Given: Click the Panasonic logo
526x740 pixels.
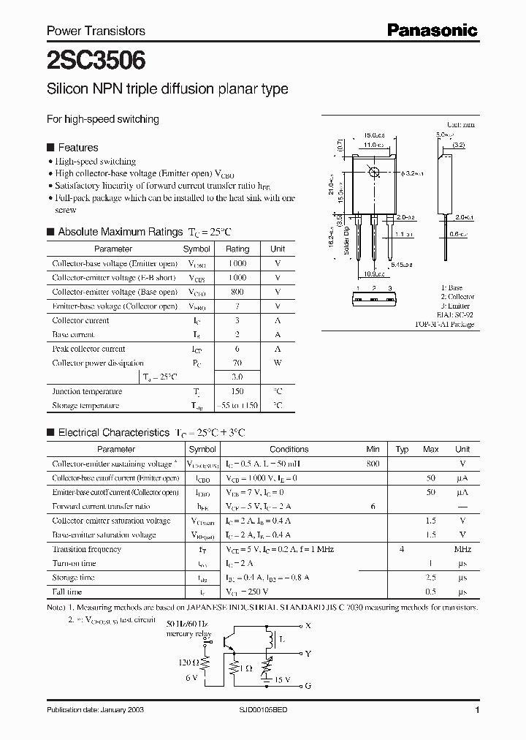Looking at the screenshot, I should [x=431, y=30].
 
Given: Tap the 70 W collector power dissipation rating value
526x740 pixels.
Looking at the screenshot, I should [x=237, y=363].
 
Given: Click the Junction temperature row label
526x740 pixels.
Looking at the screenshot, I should [x=80, y=391].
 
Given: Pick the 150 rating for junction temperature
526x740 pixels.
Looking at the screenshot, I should [x=237, y=391].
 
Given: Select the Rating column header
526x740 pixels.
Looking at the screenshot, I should [x=237, y=249].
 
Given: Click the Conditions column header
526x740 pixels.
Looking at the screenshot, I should [x=289, y=450].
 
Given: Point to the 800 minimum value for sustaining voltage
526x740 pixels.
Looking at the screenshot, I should [x=373, y=464].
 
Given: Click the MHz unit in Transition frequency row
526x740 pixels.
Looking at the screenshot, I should [x=462, y=549].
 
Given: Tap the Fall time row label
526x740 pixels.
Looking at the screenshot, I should [x=67, y=592].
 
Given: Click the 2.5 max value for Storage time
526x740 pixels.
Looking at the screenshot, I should [x=431, y=578].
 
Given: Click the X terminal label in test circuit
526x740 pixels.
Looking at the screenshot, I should [x=308, y=626].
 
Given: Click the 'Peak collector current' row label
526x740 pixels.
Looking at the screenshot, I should [x=88, y=349].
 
